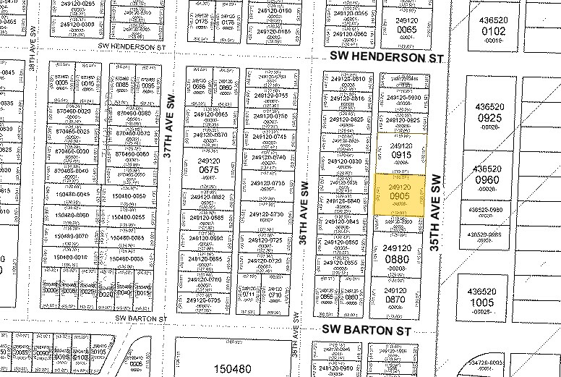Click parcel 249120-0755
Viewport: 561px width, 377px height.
pos(269,96)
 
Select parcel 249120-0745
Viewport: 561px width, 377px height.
pos(269,137)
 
